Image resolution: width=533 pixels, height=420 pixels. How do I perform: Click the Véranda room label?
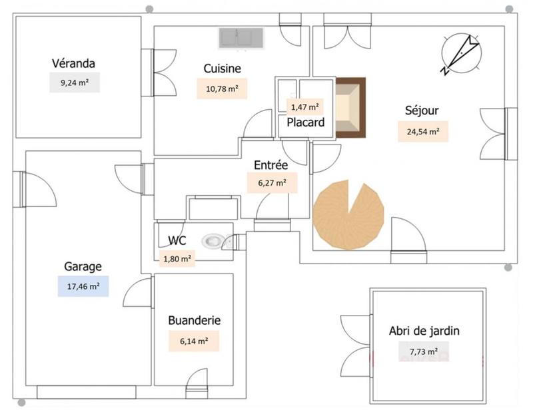pos(73,63)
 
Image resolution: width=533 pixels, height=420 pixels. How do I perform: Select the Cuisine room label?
pos(222,69)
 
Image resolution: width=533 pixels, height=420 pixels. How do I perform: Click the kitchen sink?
pos(242,38)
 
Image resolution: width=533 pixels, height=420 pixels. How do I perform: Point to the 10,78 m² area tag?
pos(222,89)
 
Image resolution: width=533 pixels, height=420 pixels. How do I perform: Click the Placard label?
pos(305,122)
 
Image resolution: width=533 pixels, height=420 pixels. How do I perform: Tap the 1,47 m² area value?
pos(303,106)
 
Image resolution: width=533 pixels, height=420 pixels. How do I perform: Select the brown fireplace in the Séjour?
pos(350,108)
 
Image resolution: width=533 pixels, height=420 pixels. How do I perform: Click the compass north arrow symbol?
pos(460,53)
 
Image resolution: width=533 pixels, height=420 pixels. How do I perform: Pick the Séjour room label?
pos(422,110)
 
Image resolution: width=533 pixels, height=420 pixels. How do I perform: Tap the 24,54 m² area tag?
pos(422,131)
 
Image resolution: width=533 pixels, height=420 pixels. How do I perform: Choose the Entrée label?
pos(270,165)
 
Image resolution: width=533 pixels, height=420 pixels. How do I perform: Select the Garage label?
pos(83,266)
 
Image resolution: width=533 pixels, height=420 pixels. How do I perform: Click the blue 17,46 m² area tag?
pos(83,287)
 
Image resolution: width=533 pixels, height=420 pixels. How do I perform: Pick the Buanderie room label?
pos(194,320)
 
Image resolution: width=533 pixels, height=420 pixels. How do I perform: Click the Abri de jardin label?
pos(424,331)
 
